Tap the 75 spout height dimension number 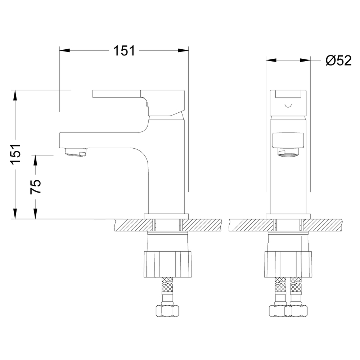pos(36,186)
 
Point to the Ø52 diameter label pos(339,60)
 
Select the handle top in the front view pos(288,103)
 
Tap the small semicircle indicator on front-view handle pos(288,106)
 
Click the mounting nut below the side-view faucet pos(167,264)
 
